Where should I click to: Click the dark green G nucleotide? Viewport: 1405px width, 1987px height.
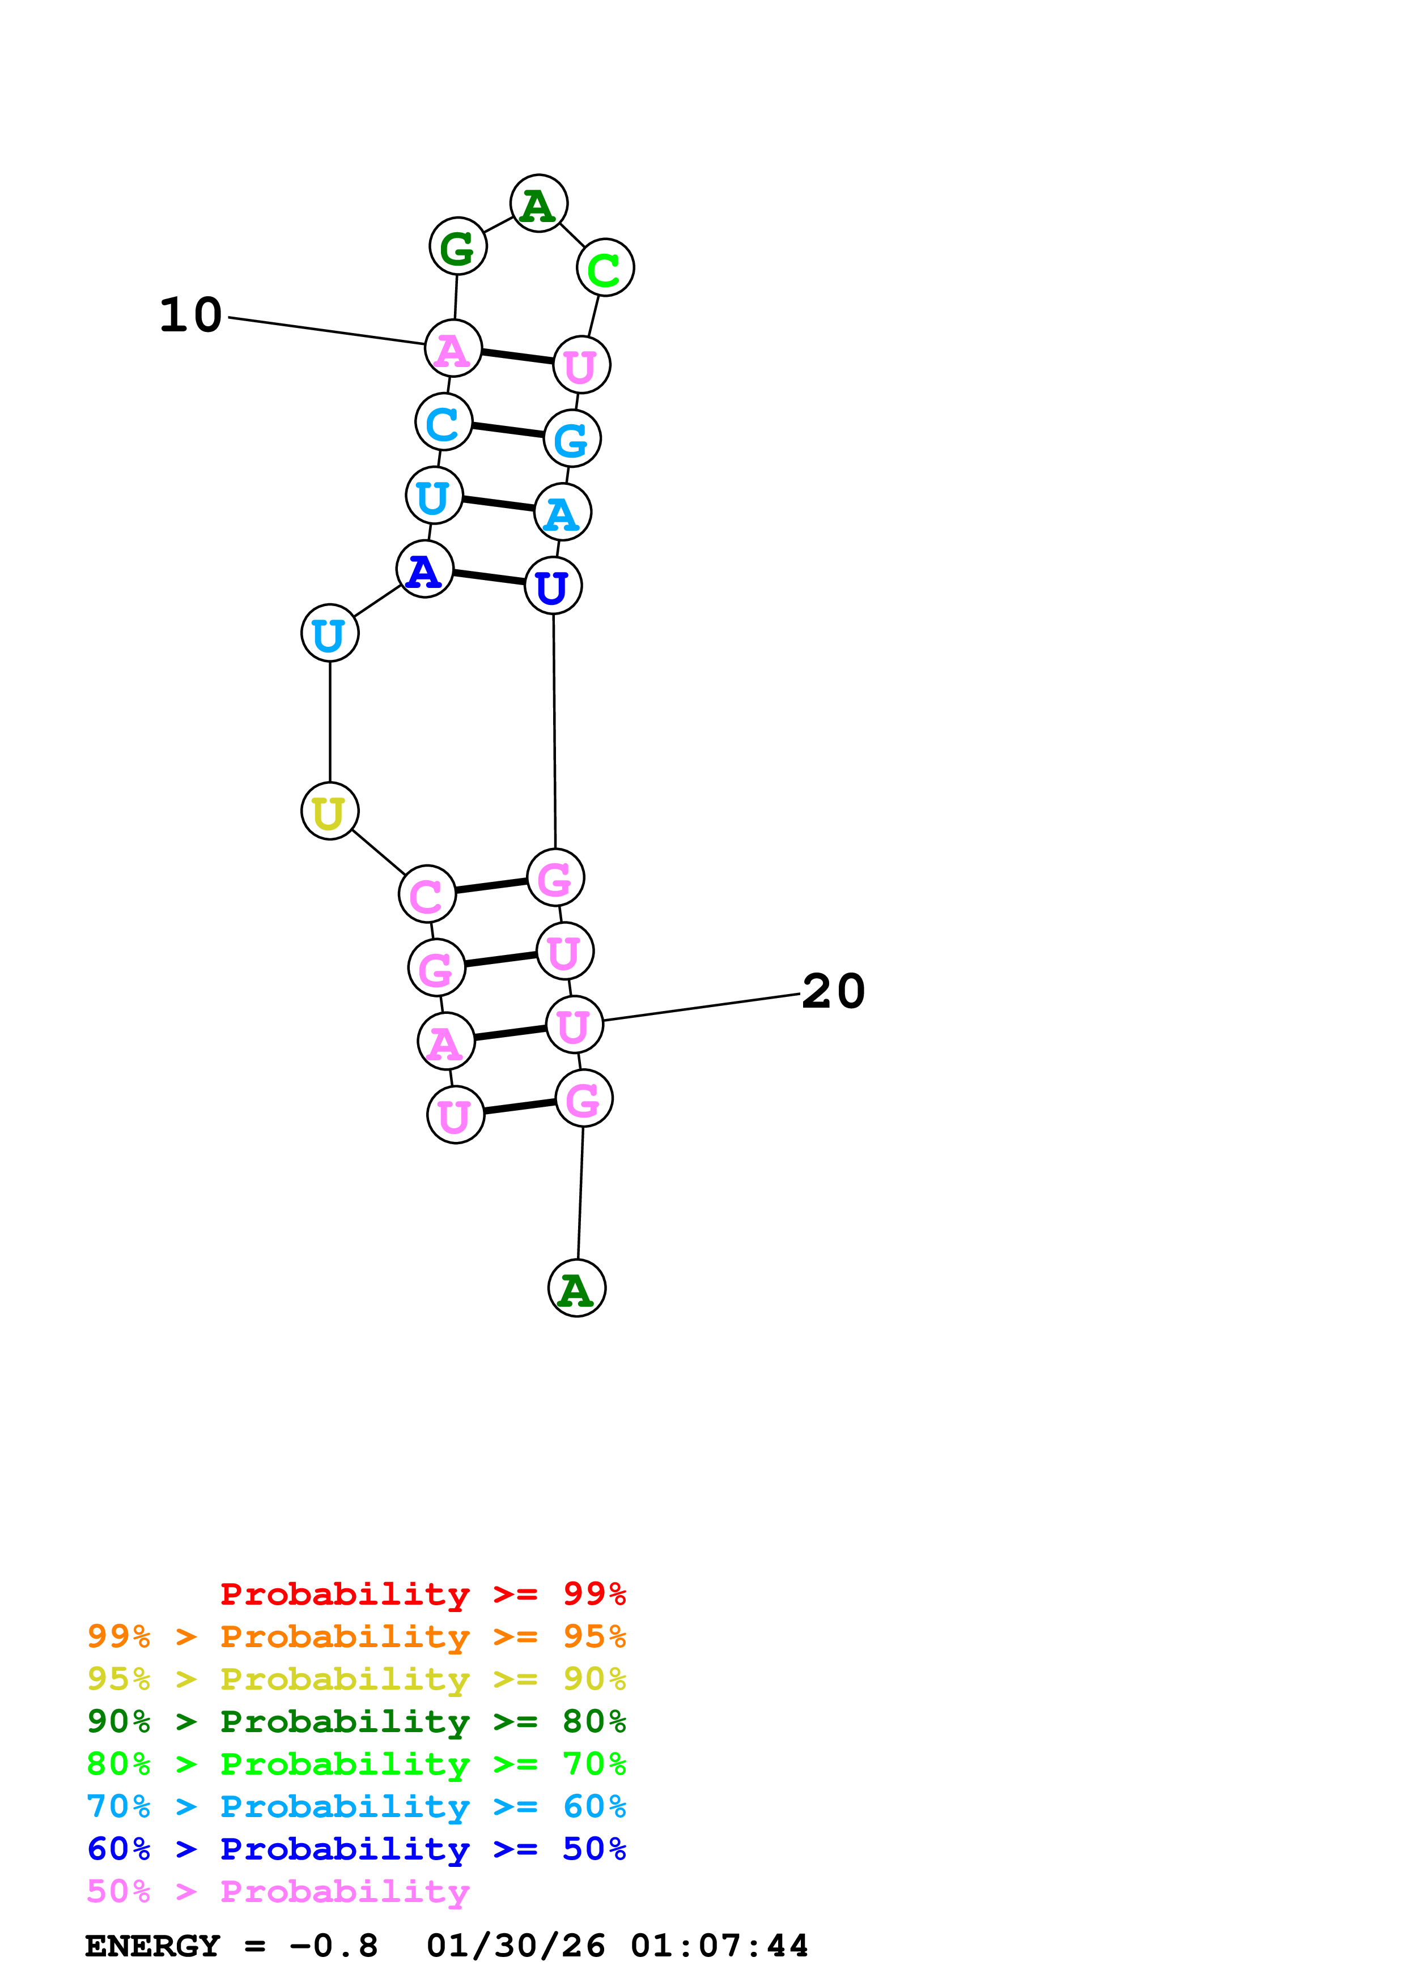tap(458, 246)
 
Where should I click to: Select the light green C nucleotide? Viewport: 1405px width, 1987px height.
tap(605, 267)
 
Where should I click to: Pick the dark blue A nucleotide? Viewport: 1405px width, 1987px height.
tap(424, 569)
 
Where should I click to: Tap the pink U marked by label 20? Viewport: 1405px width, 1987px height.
tap(574, 1025)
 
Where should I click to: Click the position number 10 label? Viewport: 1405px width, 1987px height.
tap(190, 315)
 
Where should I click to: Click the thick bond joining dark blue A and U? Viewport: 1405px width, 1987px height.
tap(489, 577)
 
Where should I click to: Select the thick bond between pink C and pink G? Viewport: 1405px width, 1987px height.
tap(491, 885)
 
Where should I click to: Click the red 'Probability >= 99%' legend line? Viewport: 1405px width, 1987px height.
tap(422, 1593)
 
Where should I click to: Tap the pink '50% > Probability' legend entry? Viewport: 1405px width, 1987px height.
tap(278, 1891)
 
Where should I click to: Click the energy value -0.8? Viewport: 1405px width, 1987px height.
tap(334, 1946)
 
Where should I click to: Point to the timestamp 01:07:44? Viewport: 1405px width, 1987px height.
tap(719, 1946)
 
